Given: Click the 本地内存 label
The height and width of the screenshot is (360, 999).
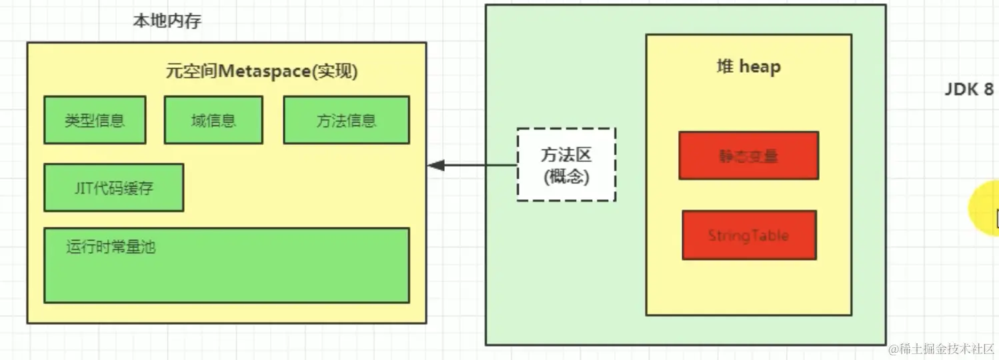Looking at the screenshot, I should [x=167, y=21].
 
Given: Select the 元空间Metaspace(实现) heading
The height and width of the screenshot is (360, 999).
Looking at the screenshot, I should [x=261, y=71].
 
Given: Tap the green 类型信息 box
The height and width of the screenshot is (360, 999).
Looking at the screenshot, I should [x=95, y=120].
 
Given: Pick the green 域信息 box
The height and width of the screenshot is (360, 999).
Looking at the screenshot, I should [x=213, y=120].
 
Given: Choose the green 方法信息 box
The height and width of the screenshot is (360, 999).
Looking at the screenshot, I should [x=346, y=120].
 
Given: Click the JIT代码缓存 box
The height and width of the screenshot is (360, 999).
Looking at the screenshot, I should [x=113, y=188].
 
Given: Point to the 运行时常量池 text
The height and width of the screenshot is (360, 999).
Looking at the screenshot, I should [x=111, y=247].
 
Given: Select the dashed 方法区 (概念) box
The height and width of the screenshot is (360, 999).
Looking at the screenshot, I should [x=566, y=165].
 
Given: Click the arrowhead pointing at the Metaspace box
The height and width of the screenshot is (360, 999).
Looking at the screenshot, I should [x=435, y=165].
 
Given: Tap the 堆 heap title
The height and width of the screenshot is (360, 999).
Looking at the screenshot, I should [x=748, y=67].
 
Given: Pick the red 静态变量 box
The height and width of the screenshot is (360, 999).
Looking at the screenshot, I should [x=748, y=156].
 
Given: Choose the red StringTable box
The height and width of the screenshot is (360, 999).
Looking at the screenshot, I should [x=748, y=235].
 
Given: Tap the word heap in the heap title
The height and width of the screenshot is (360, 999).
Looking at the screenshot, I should [x=760, y=67].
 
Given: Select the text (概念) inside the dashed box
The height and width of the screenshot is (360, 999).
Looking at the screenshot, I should [x=566, y=177].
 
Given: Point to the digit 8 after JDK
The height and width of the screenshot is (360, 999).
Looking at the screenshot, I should [x=988, y=90].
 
